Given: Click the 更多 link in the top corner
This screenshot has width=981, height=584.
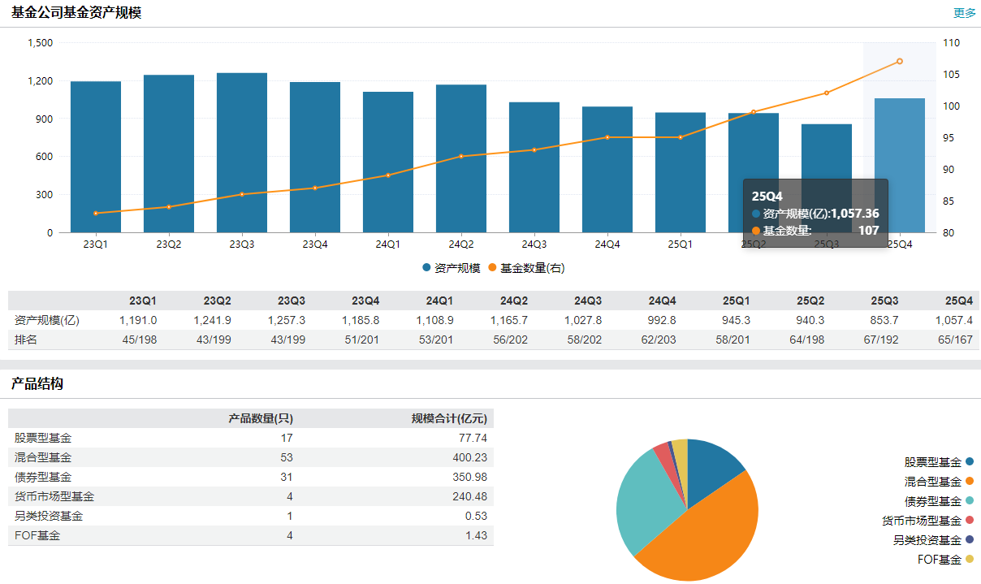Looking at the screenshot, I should [965, 13].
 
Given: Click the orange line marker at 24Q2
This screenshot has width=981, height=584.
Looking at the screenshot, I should [461, 156].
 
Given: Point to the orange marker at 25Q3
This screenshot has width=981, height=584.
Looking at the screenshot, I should [827, 93].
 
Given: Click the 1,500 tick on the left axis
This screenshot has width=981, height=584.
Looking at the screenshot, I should [40, 42].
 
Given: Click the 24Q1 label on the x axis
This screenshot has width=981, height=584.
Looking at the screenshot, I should [388, 244].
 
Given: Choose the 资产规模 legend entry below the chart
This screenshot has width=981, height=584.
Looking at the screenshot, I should [452, 268].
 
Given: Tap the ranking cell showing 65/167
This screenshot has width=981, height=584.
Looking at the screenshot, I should [954, 340].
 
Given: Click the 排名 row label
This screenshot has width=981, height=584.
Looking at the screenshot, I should [26, 340].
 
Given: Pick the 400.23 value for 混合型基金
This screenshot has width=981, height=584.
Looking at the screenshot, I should [469, 457].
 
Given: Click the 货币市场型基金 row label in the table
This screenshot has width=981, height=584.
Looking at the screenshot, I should [54, 496].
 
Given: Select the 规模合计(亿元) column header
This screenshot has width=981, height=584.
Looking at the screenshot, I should [449, 418].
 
